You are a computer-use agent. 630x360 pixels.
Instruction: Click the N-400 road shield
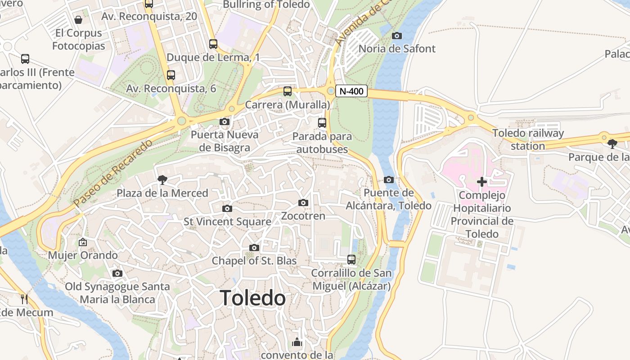351,91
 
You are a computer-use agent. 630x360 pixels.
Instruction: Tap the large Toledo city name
252,298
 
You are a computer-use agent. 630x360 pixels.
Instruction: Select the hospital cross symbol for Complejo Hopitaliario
482,182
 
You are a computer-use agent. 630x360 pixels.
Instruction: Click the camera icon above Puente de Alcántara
389,180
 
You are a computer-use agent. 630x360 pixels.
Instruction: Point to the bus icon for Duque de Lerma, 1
213,44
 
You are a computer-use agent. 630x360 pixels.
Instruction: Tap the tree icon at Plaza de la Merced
162,180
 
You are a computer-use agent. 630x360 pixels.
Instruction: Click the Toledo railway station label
528,139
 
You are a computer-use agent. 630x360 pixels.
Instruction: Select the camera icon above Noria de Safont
397,36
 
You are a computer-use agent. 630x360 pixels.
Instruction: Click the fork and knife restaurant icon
24,299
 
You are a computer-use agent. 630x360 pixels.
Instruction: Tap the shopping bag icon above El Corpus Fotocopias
78,20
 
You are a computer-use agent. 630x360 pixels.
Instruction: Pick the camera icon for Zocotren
303,203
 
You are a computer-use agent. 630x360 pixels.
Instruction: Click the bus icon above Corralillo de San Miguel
351,260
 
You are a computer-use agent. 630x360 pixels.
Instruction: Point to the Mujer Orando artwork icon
83,242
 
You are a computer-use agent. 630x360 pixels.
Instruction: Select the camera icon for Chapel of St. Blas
254,248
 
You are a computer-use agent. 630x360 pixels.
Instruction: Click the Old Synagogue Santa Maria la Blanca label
117,293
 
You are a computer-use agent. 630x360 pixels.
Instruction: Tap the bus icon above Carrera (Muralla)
288,91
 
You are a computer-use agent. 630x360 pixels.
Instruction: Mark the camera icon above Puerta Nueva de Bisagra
224,121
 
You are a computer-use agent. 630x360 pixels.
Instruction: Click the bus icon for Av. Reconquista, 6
171,75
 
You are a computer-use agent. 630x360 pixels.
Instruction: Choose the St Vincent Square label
227,222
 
